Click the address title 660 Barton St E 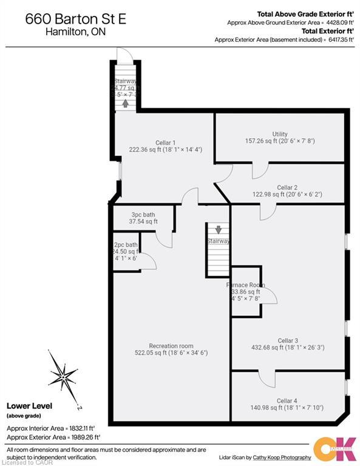pyautogui.click(x=76, y=19)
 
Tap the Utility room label pyautogui.click(x=279, y=134)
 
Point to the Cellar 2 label pyautogui.click(x=287, y=187)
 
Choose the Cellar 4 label pyautogui.click(x=287, y=400)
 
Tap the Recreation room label pyautogui.click(x=171, y=346)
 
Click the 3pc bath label pyautogui.click(x=143, y=215)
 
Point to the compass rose pyautogui.click(x=64, y=374)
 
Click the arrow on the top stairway pyautogui.click(x=126, y=103)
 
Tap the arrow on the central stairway pyautogui.click(x=218, y=230)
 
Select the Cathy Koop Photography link pyautogui.click(x=285, y=457)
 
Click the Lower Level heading pyautogui.click(x=29, y=406)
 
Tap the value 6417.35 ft pyautogui.click(x=339, y=39)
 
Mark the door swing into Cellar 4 pyautogui.click(x=267, y=378)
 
